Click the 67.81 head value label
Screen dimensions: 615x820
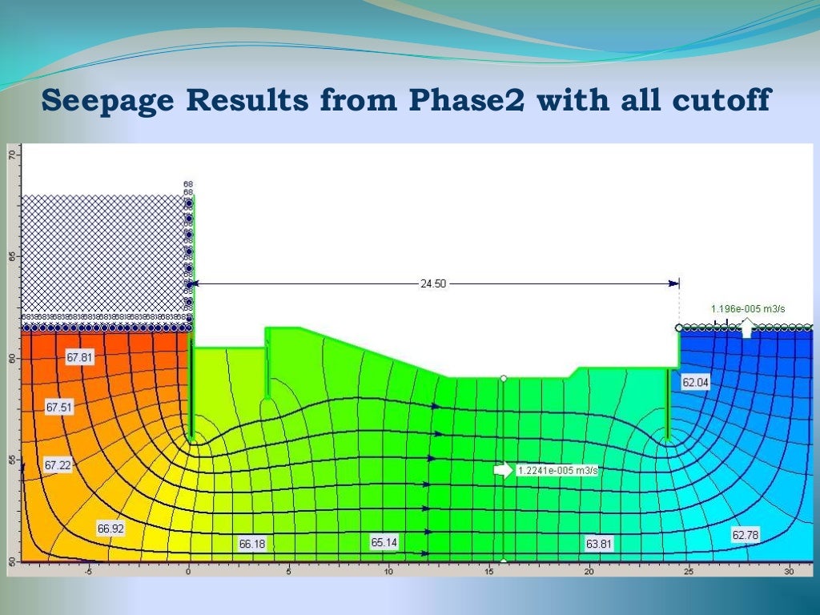pyautogui.click(x=79, y=358)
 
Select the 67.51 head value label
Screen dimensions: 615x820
pyautogui.click(x=59, y=408)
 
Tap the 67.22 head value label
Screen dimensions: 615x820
pyautogui.click(x=58, y=464)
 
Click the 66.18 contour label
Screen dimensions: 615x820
pyautogui.click(x=252, y=544)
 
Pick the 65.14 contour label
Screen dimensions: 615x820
pyautogui.click(x=384, y=542)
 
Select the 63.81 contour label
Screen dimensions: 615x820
pyautogui.click(x=599, y=544)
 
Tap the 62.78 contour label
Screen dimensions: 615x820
pyautogui.click(x=745, y=534)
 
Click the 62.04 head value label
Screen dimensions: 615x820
pyautogui.click(x=695, y=383)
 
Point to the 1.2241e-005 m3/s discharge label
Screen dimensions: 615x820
pyautogui.click(x=557, y=471)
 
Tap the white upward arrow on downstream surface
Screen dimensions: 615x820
pyautogui.click(x=746, y=327)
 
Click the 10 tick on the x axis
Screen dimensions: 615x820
pyautogui.click(x=388, y=571)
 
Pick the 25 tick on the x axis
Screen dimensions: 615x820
pyautogui.click(x=689, y=571)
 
